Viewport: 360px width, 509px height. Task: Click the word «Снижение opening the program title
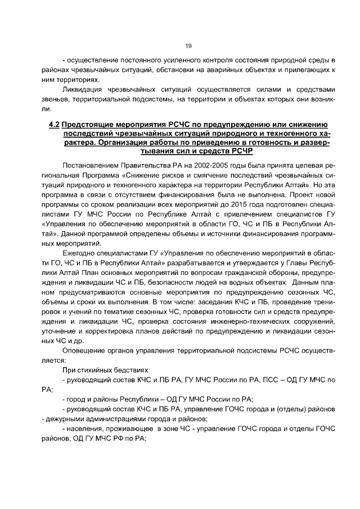point(143,177)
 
